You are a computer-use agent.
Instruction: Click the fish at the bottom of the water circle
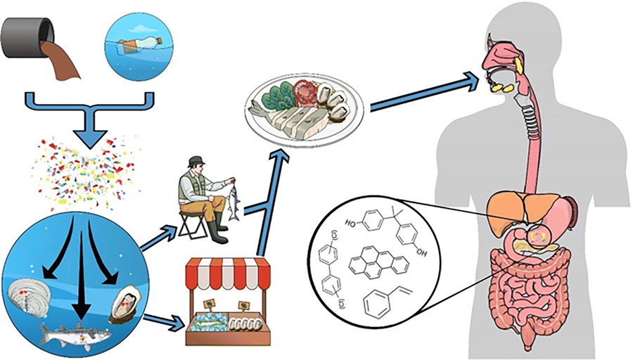click(75, 331)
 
